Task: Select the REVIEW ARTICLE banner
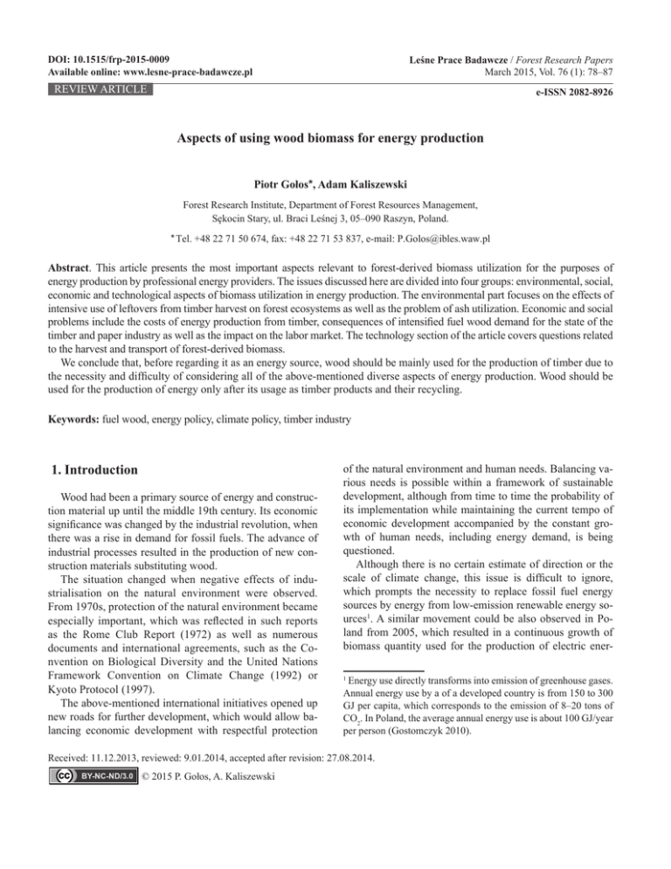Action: click(x=86, y=88)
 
